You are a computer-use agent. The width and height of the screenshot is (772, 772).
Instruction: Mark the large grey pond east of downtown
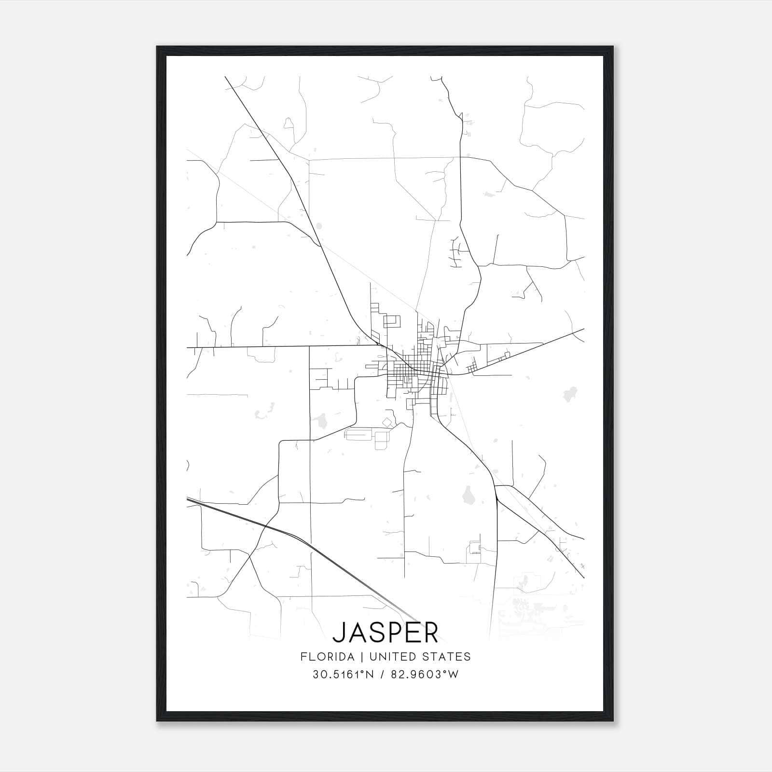569,393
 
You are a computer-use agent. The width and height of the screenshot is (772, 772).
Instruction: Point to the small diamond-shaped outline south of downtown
388,422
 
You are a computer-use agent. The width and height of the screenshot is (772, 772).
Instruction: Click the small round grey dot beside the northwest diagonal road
319,225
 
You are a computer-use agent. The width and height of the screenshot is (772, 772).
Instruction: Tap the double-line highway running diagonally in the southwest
289,535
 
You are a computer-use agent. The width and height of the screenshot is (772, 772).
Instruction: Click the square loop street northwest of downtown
392,321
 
